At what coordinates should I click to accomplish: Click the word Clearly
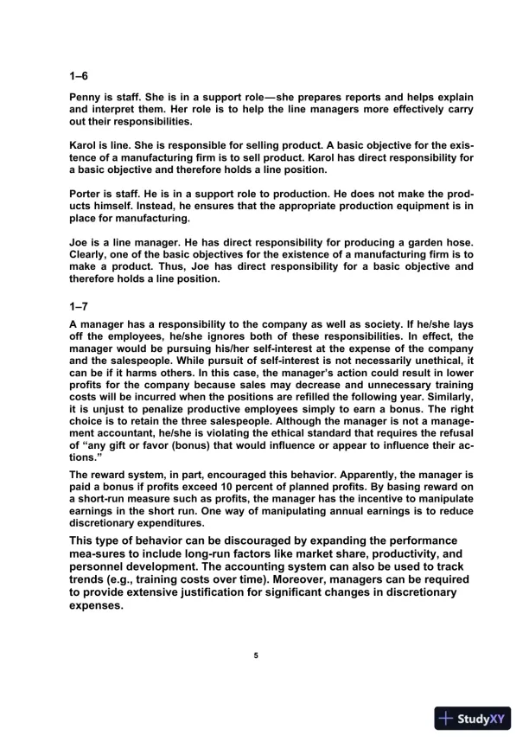point(91,255)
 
